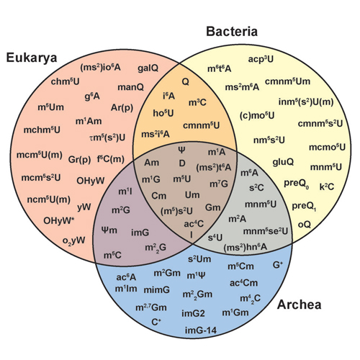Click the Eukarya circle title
(x=32, y=58)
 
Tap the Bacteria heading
(x=232, y=32)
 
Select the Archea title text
(x=299, y=305)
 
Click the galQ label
(x=148, y=68)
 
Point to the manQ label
(x=130, y=87)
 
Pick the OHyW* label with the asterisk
(x=58, y=220)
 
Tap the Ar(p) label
(x=122, y=108)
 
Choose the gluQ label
(x=283, y=162)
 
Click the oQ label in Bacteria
(x=305, y=225)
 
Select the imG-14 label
(x=201, y=330)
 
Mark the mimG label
(x=157, y=290)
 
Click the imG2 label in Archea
(x=193, y=313)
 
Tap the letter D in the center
(x=182, y=163)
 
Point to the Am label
(x=151, y=163)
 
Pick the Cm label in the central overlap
(x=158, y=196)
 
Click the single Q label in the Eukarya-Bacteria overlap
(x=185, y=82)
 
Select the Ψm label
(x=109, y=230)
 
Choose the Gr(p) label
(x=79, y=160)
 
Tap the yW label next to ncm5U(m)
(x=84, y=207)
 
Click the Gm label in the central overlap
(x=212, y=207)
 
